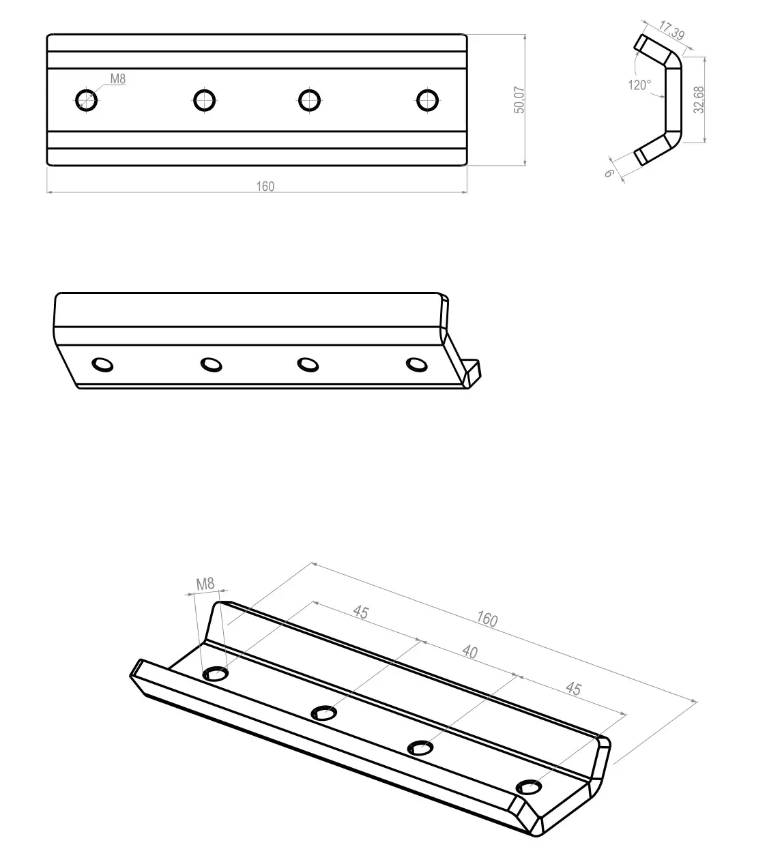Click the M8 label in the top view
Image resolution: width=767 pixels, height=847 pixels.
118,79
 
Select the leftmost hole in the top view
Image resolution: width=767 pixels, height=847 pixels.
86,100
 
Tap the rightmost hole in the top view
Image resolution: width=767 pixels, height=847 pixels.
427,100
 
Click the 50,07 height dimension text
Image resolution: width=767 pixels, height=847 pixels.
519,100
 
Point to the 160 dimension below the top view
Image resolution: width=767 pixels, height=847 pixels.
265,186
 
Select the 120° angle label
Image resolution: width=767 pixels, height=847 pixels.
639,85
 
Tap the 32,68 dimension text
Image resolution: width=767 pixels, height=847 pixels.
699,100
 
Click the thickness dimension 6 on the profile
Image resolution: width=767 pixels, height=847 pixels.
609,173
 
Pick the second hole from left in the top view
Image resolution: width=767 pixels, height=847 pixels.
203,100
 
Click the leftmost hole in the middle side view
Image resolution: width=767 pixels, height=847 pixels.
103,365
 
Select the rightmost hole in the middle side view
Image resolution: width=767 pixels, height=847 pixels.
416,364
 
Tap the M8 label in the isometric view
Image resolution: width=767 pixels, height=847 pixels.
205,584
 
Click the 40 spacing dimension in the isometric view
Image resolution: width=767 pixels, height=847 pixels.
469,652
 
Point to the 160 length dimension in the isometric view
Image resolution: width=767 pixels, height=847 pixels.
487,619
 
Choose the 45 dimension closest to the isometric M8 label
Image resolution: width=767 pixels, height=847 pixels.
360,612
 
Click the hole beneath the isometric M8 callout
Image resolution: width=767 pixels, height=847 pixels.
216,674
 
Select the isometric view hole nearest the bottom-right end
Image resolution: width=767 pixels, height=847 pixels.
528,788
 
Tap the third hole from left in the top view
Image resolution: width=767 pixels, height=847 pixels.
310,100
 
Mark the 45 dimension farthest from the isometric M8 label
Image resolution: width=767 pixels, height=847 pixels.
573,689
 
